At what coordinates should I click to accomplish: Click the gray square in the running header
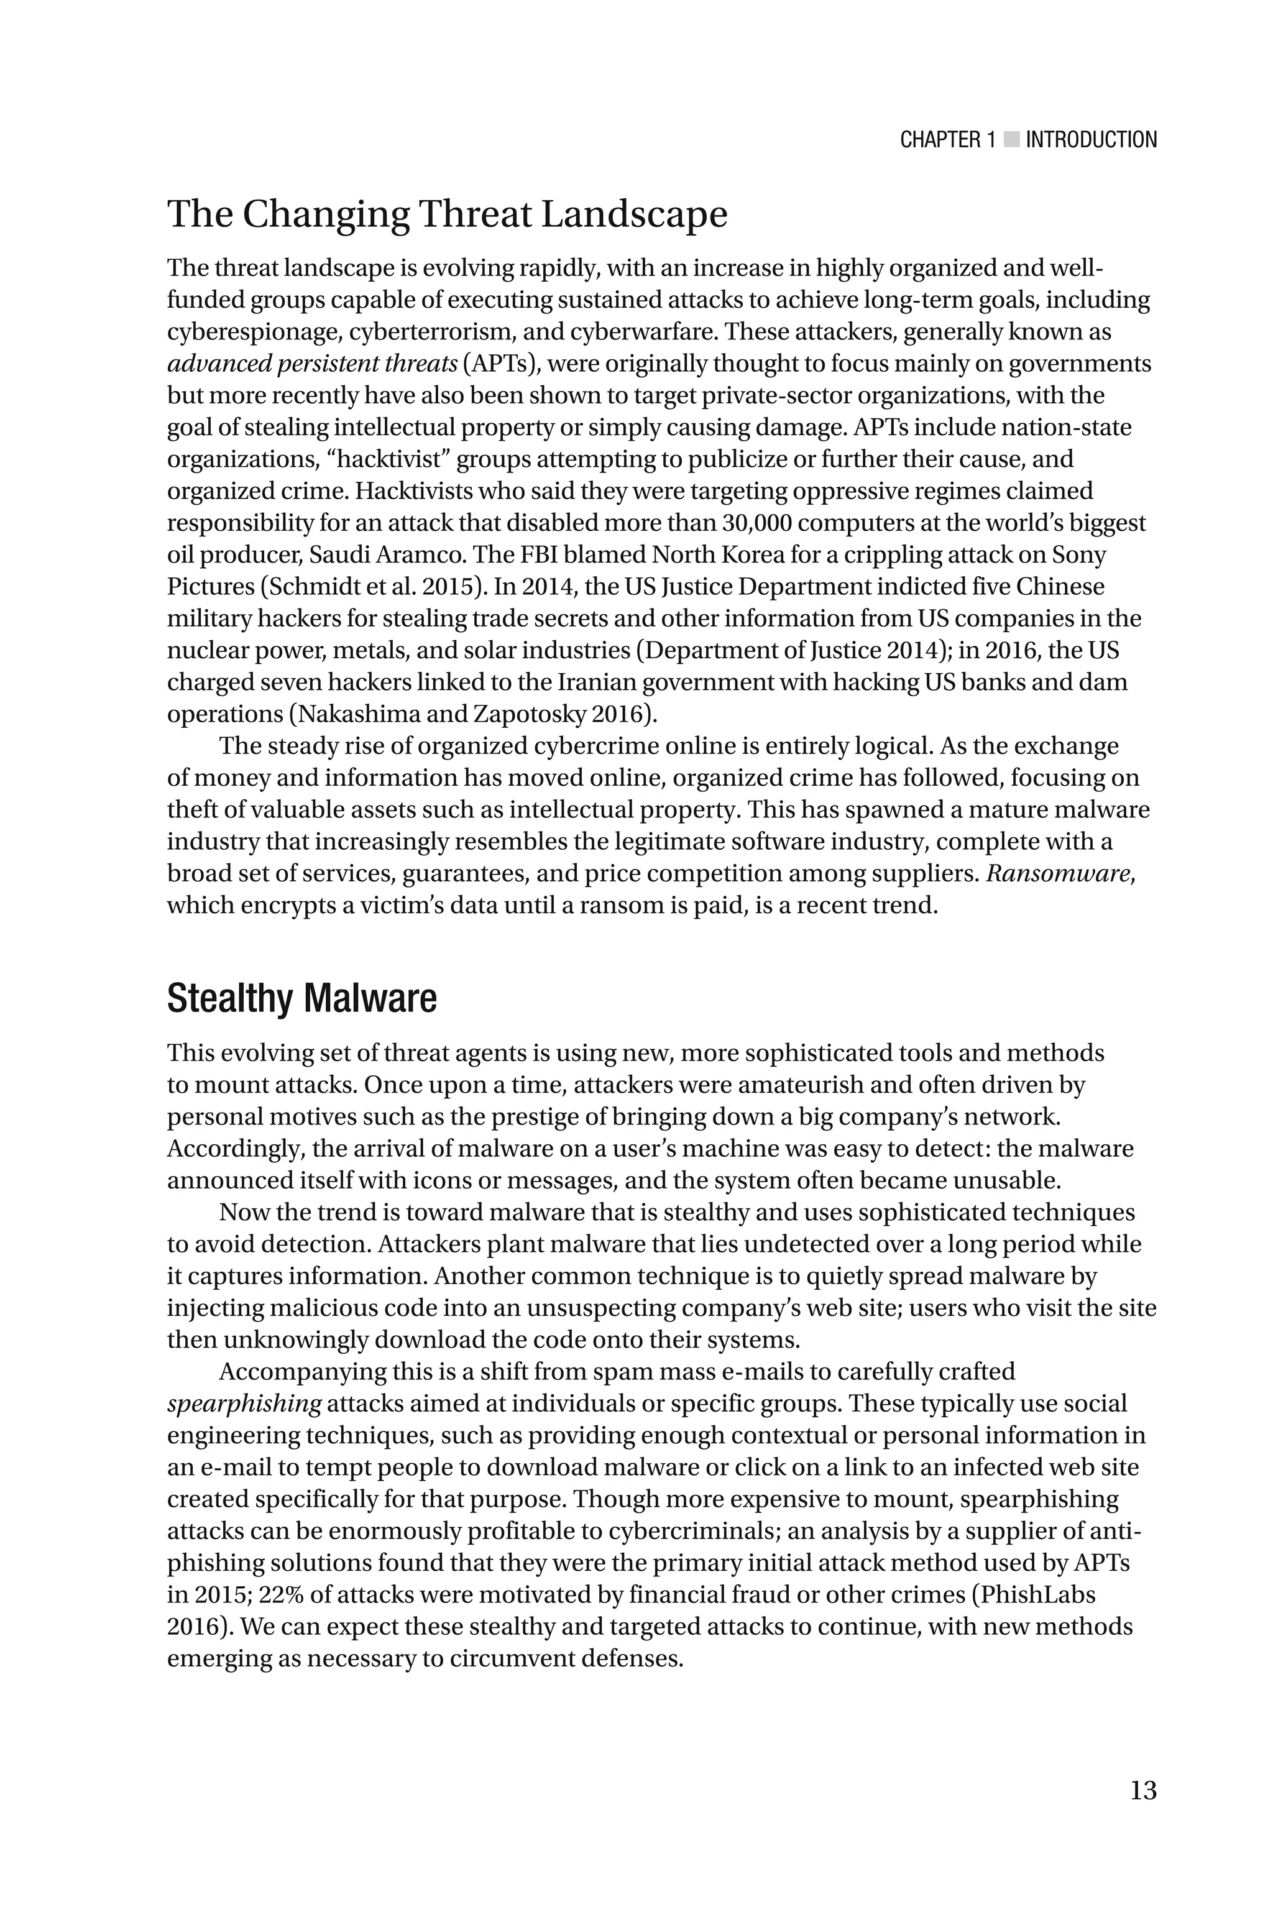[x=1011, y=140]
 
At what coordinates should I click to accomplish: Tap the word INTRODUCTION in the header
[x=1091, y=140]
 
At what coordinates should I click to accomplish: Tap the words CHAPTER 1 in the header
[x=947, y=140]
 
